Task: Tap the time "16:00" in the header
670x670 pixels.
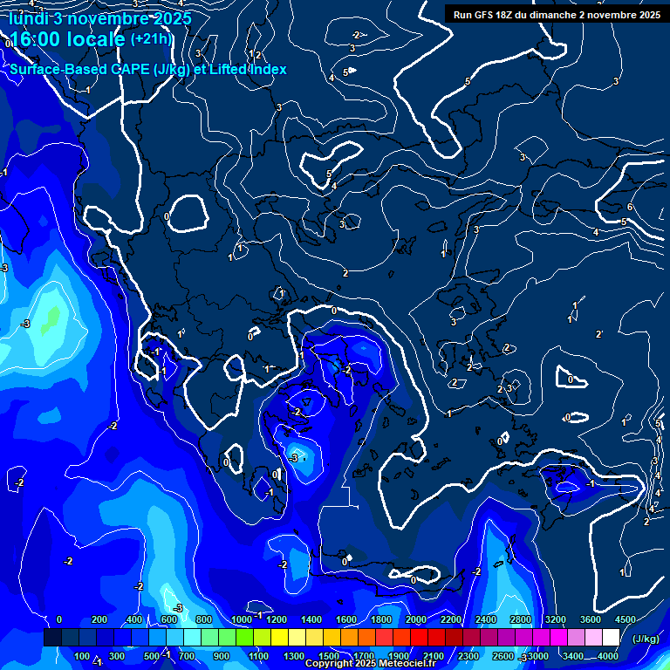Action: [x=40, y=40]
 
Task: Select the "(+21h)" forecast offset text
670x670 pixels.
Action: [x=151, y=38]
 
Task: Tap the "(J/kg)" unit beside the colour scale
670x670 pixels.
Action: [x=646, y=639]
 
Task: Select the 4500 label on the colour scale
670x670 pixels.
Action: [x=625, y=619]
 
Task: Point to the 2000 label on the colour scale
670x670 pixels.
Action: [x=416, y=619]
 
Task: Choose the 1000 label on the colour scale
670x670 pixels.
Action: [x=242, y=619]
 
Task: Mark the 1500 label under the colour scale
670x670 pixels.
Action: [x=329, y=656]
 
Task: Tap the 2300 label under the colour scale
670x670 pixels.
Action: [x=468, y=656]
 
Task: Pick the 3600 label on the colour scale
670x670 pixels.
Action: [x=591, y=619]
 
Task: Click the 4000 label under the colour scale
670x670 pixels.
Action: [x=608, y=656]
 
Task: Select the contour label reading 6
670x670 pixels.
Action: [x=630, y=207]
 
